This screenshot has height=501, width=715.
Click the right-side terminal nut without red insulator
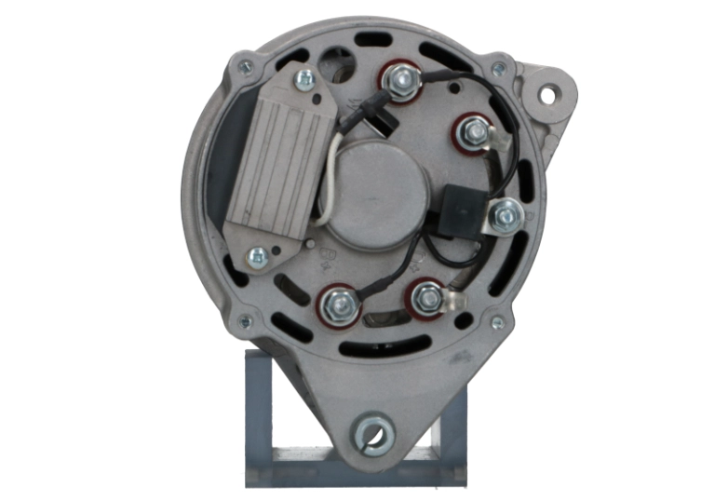505,216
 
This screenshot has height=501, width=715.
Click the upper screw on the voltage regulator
304,79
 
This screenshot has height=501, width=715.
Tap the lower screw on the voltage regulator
256,255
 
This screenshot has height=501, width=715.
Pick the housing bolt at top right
500,68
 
